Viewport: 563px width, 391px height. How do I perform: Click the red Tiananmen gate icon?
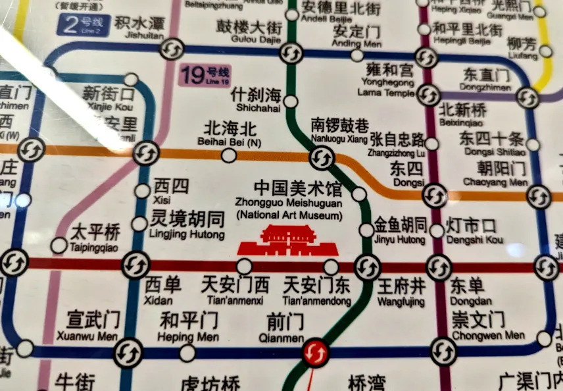pos(287,241)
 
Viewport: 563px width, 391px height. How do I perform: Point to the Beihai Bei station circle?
pos(229,156)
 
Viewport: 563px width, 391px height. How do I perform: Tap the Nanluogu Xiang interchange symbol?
pos(322,157)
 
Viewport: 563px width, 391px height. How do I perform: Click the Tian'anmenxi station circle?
pos(244,266)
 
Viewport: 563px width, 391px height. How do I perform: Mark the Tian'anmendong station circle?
pos(331,267)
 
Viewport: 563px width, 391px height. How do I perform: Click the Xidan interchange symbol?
pos(136,265)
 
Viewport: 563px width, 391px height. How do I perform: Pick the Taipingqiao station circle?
pos(59,246)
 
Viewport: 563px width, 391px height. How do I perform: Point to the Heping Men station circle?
pos(187,353)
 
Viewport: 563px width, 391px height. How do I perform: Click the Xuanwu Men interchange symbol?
pos(127,353)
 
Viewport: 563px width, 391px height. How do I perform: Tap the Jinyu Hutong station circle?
pos(366,230)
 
